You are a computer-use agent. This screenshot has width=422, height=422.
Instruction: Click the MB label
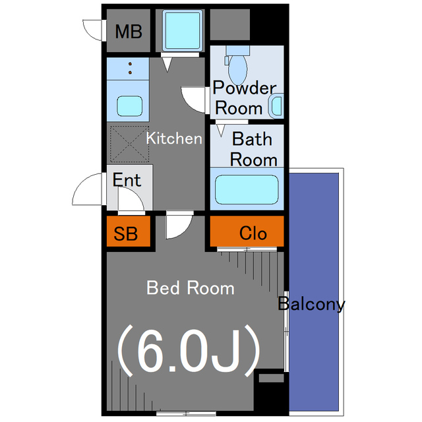[129, 32]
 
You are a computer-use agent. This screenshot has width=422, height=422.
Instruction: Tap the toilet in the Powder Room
[237, 65]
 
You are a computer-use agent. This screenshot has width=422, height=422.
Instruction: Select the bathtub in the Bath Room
[247, 189]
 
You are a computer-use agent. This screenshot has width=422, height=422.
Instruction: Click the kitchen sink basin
[129, 106]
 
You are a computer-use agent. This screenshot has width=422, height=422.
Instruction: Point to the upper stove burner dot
[131, 64]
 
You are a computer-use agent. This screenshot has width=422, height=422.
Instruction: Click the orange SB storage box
[129, 231]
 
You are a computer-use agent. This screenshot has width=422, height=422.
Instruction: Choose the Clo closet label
[253, 233]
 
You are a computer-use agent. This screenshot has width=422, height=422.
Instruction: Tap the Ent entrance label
[127, 179]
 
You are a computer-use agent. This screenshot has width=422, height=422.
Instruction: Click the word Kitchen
[174, 138]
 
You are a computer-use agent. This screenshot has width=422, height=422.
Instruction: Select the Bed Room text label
[191, 287]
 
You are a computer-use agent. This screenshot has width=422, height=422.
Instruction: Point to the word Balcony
[311, 304]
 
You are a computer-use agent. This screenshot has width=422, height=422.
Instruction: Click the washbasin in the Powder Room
[276, 106]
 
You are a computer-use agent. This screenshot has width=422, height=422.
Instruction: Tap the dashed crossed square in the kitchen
[129, 144]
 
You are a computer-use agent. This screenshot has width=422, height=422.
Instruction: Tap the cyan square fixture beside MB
[183, 30]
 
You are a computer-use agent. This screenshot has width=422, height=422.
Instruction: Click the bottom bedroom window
[186, 413]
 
